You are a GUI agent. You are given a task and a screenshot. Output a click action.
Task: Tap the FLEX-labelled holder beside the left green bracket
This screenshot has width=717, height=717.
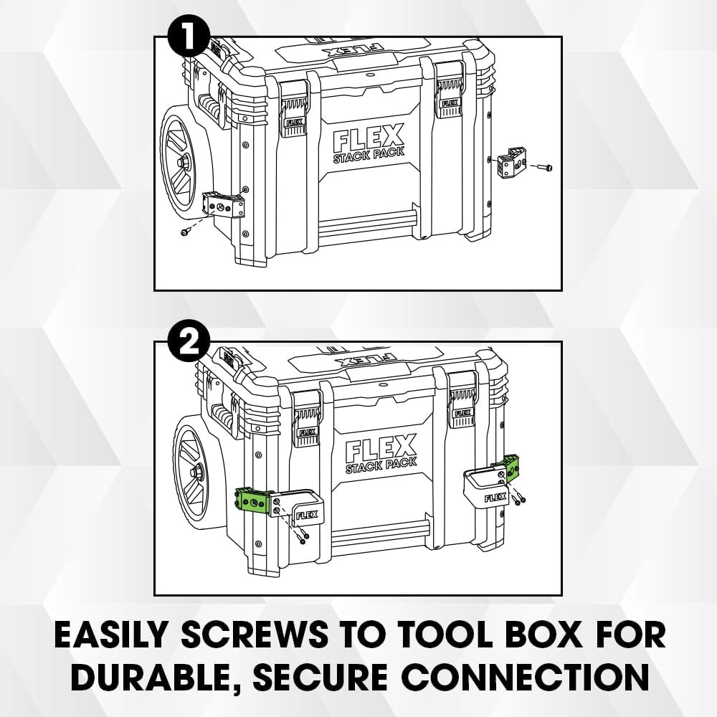click(305, 507)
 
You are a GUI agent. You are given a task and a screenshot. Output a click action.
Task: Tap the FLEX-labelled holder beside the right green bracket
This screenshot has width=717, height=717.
click(487, 488)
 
